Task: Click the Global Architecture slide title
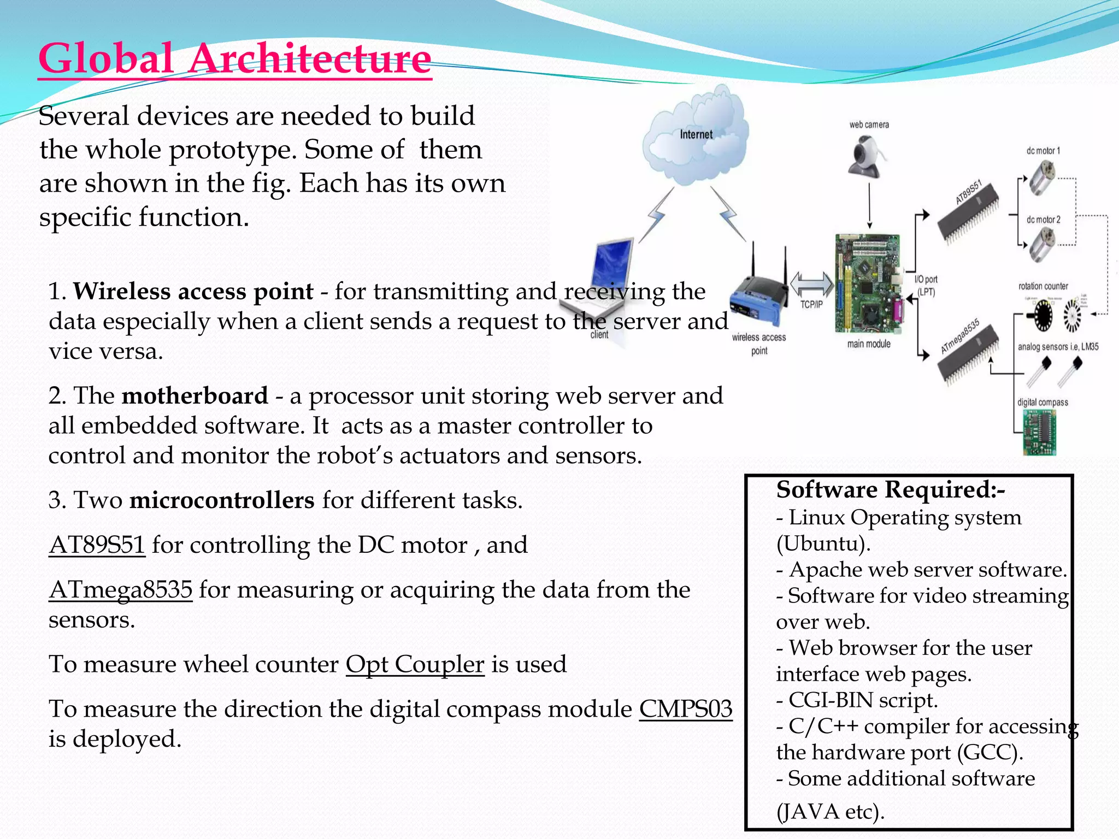pos(235,58)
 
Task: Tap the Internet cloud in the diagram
pos(695,140)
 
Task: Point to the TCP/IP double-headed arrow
pos(812,285)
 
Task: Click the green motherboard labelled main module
pos(868,283)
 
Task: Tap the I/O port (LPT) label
pos(926,286)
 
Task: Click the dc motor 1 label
pos(1043,151)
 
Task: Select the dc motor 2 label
pos(1043,220)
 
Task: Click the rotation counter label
pos(1043,286)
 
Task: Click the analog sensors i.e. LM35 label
pos(1058,347)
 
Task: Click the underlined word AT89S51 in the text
pos(97,545)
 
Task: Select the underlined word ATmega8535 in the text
pos(121,590)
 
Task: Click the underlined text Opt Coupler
pos(415,665)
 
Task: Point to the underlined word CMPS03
pos(685,709)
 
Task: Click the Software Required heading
pos(890,490)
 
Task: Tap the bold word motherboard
pos(195,396)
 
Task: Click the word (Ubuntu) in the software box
pos(822,543)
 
